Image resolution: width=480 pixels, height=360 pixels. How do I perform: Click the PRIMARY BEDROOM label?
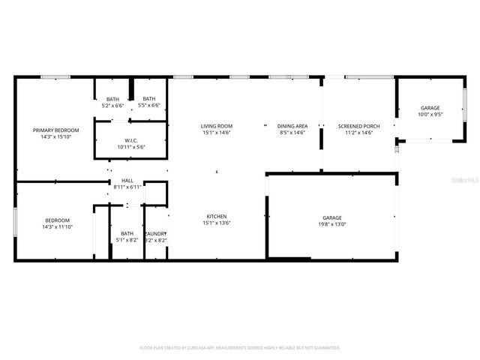click(x=56, y=130)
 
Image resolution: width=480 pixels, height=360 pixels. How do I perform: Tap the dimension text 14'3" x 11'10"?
click(x=56, y=226)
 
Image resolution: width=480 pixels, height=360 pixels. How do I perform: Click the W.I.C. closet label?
click(x=130, y=140)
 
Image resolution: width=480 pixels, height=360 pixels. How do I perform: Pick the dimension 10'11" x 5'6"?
click(x=130, y=147)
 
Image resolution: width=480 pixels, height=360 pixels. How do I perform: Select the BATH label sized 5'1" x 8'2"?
click(x=127, y=234)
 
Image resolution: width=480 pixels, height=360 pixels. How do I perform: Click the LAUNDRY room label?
click(x=155, y=234)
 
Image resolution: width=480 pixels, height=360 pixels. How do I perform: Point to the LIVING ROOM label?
click(x=217, y=126)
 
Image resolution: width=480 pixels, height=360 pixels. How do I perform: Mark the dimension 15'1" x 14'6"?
click(x=217, y=133)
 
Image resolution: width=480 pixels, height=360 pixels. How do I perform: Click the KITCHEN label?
click(x=217, y=217)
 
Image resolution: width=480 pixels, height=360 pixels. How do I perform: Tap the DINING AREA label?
click(x=292, y=126)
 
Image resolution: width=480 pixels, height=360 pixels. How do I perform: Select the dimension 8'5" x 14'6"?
click(x=292, y=133)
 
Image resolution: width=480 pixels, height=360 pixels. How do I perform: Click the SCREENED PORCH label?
click(x=358, y=126)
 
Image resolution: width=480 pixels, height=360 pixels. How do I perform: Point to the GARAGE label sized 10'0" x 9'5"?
click(x=430, y=108)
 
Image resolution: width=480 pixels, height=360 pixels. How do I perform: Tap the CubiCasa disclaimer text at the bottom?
click(x=240, y=348)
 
